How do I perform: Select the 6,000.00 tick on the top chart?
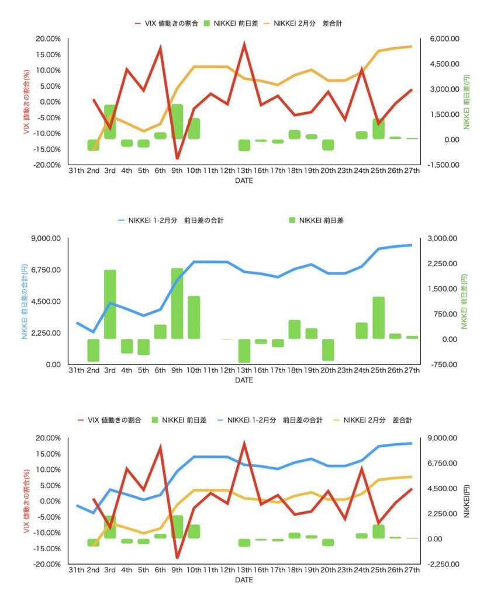tap(444, 39)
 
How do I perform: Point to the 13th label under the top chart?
tap(244, 171)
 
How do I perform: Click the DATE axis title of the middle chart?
tap(244, 380)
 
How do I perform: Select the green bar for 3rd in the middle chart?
tap(110, 304)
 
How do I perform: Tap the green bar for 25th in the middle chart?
tap(379, 318)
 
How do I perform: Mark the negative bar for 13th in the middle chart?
tap(244, 350)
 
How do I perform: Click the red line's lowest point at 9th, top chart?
tap(177, 158)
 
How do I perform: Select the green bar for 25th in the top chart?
tap(379, 128)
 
